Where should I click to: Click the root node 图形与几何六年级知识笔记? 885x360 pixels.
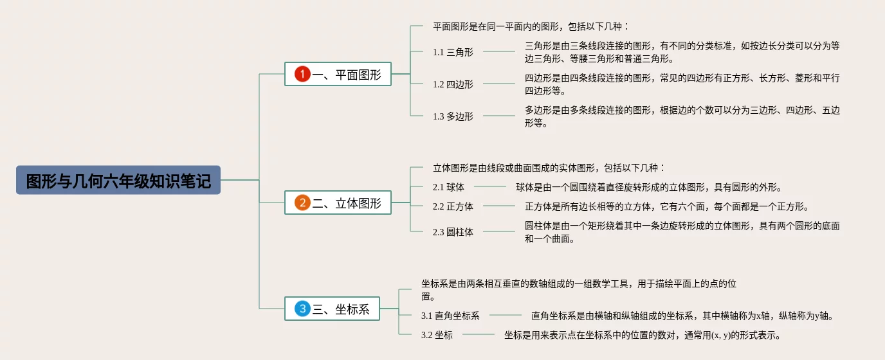click(x=118, y=181)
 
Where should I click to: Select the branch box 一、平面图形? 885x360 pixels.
click(x=338, y=74)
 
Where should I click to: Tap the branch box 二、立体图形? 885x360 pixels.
click(x=338, y=203)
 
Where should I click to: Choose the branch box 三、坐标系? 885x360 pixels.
click(x=332, y=309)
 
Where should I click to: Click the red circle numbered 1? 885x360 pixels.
click(x=302, y=75)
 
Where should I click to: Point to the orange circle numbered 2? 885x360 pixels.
click(x=302, y=203)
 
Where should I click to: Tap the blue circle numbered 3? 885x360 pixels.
click(x=302, y=309)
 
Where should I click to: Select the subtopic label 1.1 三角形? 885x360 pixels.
click(x=453, y=52)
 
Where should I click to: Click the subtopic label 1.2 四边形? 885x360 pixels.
click(x=453, y=84)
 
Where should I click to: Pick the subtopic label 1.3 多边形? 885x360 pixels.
click(x=453, y=116)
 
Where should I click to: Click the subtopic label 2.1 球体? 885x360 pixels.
click(x=448, y=187)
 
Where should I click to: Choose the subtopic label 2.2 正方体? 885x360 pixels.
click(x=453, y=206)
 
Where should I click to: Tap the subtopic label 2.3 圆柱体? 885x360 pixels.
click(x=453, y=232)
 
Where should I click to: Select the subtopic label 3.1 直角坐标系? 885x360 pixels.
click(x=450, y=316)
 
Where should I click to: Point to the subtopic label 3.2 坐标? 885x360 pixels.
click(x=437, y=335)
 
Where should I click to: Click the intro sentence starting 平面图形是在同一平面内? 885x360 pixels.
click(x=531, y=27)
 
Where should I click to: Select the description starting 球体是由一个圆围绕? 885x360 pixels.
click(x=648, y=188)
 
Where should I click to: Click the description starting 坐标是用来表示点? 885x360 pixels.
click(x=643, y=335)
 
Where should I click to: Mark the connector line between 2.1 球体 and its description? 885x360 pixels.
click(x=490, y=187)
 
